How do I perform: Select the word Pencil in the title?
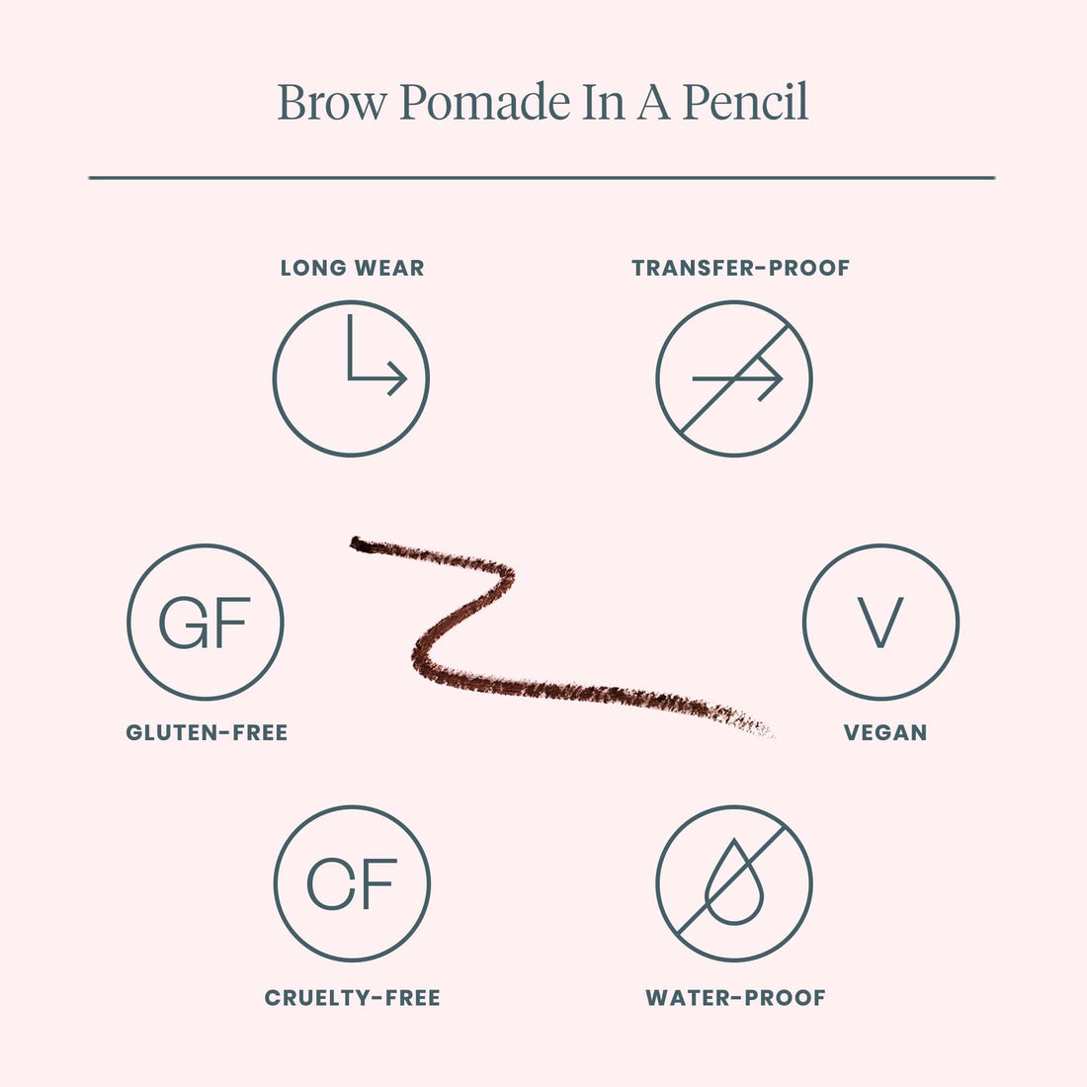745,103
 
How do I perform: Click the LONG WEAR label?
352,268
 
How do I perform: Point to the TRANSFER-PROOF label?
740,268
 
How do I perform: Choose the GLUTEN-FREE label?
207,733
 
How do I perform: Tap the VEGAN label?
884,733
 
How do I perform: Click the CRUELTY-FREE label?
352,998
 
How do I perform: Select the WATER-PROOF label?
735,998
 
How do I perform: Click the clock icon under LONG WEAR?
351,378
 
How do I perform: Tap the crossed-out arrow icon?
734,378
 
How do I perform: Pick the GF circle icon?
206,622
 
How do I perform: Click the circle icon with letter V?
880,622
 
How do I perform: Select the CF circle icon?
352,882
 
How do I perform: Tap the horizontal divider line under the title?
542,178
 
